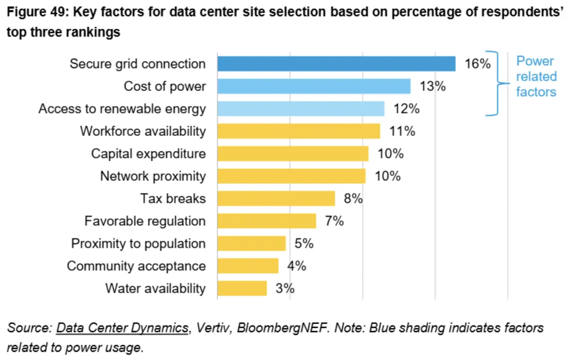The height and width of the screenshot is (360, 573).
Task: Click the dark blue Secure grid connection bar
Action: click(x=336, y=64)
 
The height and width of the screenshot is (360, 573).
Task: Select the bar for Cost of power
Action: click(x=314, y=86)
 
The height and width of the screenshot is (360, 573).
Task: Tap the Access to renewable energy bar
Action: click(x=301, y=108)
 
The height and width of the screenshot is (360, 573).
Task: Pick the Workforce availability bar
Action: click(x=299, y=131)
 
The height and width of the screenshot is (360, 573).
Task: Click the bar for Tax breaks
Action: click(x=276, y=198)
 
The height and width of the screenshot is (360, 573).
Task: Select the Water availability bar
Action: click(x=242, y=288)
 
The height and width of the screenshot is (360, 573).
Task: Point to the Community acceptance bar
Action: click(x=248, y=266)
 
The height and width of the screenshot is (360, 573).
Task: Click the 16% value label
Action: click(x=478, y=64)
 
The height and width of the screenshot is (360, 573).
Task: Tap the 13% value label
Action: click(x=432, y=86)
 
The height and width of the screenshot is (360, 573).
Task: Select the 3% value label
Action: click(x=285, y=288)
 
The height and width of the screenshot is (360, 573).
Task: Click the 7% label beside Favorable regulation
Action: click(x=334, y=221)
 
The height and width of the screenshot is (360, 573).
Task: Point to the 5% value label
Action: click(x=304, y=244)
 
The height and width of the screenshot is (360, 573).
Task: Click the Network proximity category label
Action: click(x=153, y=176)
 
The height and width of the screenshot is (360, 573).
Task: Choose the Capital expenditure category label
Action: click(x=148, y=154)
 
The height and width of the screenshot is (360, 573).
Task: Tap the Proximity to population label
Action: click(x=138, y=244)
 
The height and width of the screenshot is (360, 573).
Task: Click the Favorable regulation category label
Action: click(x=145, y=221)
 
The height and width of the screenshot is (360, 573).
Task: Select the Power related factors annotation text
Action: click(x=536, y=77)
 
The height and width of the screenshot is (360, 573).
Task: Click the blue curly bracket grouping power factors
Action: click(x=498, y=83)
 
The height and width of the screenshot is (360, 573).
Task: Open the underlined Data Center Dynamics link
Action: click(x=122, y=328)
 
